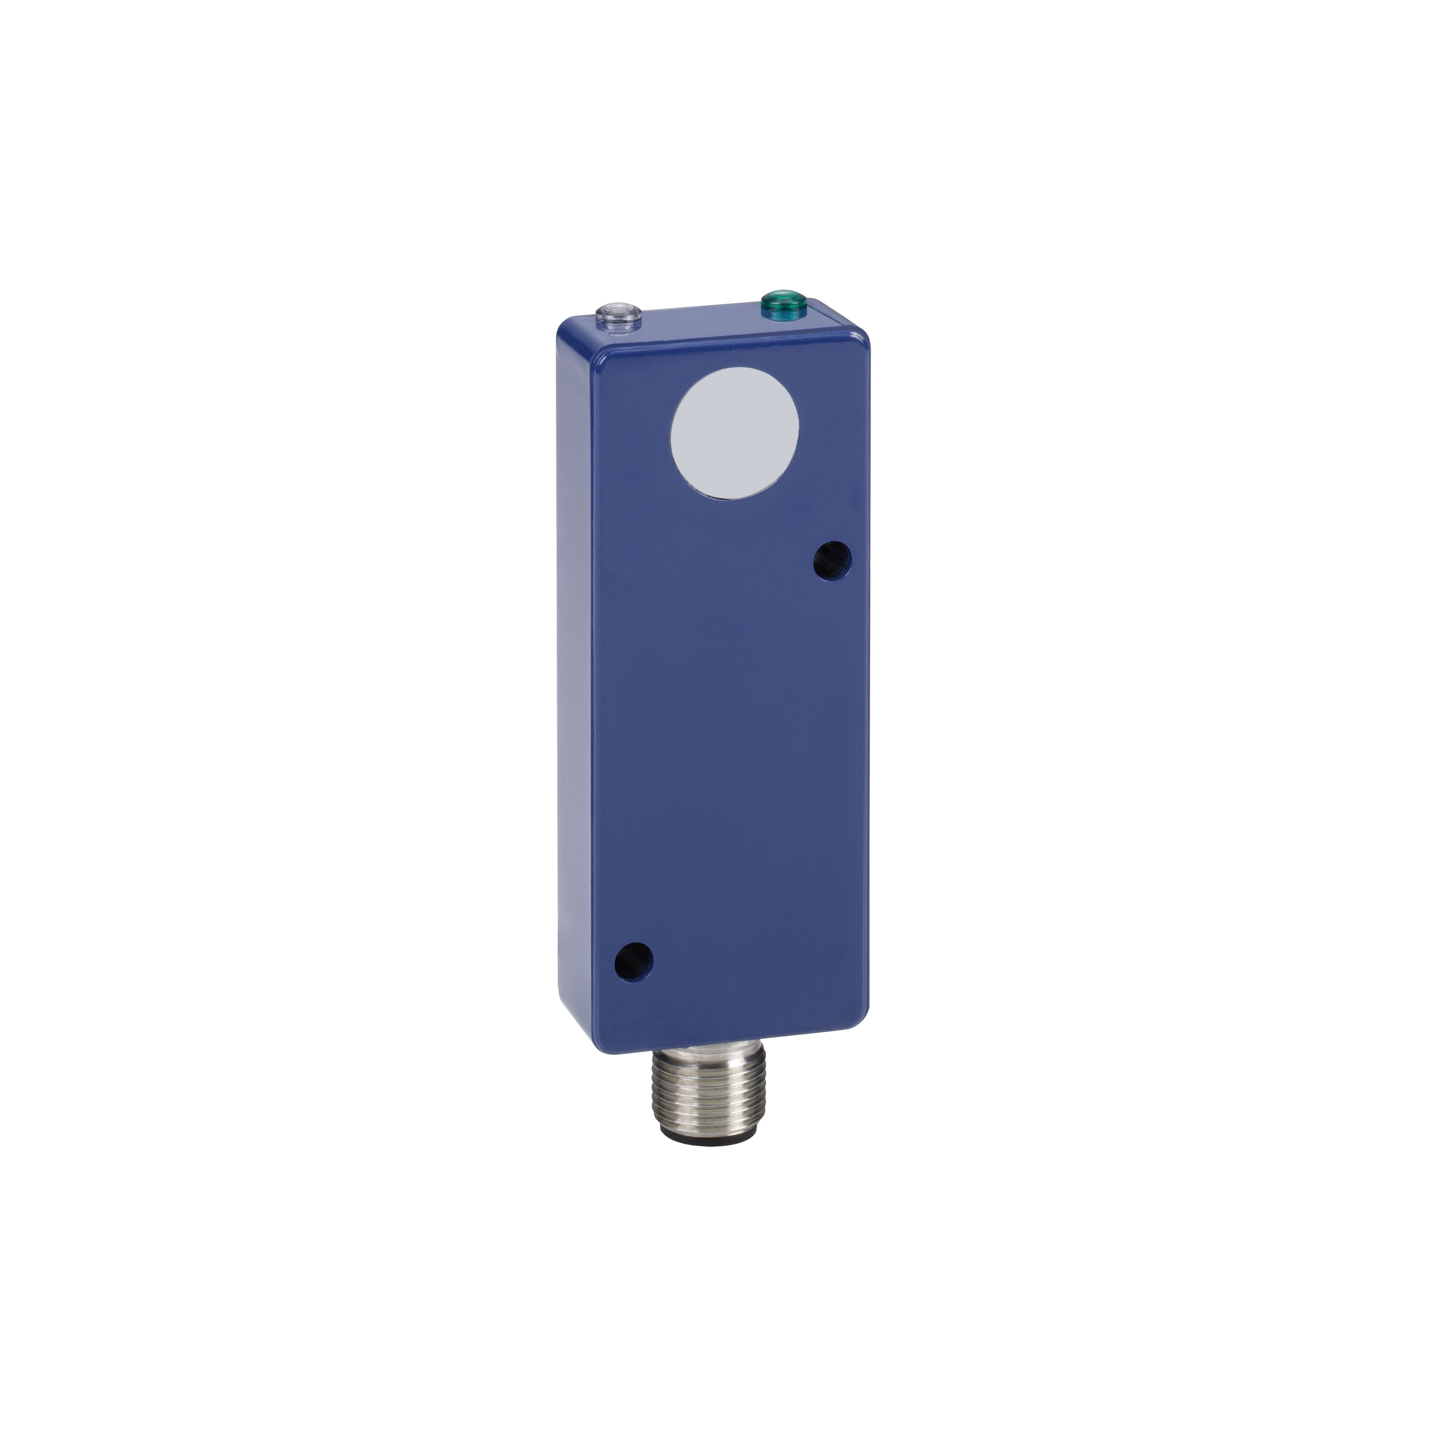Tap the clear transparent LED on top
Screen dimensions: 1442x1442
(612, 308)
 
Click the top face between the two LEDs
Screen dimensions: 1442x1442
(694, 317)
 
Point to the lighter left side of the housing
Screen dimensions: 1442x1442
(578, 672)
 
